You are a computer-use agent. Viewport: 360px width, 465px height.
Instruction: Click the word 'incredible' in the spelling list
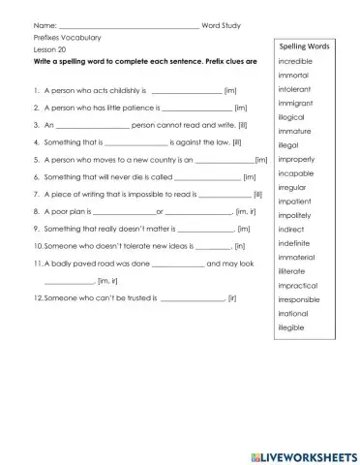click(x=295, y=60)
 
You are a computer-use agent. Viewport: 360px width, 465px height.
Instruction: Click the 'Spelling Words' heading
click(x=304, y=46)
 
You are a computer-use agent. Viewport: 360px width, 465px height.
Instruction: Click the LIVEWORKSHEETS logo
click(x=304, y=453)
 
